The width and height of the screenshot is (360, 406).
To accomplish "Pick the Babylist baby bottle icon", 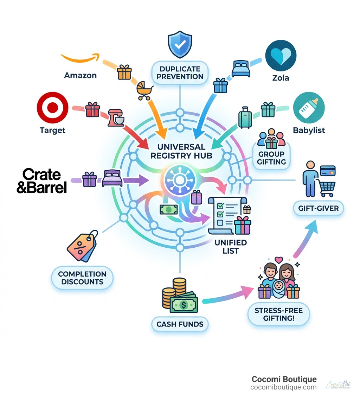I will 308,108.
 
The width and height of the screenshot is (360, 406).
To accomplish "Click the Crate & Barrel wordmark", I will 41,181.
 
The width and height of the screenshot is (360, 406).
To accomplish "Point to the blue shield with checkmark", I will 180,45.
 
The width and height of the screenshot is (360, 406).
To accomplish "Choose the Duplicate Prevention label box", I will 180,72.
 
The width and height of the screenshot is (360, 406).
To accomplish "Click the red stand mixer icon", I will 116,117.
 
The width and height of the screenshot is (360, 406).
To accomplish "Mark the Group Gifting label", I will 271,158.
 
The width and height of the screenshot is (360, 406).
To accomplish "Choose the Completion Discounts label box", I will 82,278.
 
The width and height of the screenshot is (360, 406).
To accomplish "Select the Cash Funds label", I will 180,324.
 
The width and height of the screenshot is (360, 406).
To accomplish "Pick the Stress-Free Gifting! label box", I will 279,314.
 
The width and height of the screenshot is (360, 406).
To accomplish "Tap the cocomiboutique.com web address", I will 283,387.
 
